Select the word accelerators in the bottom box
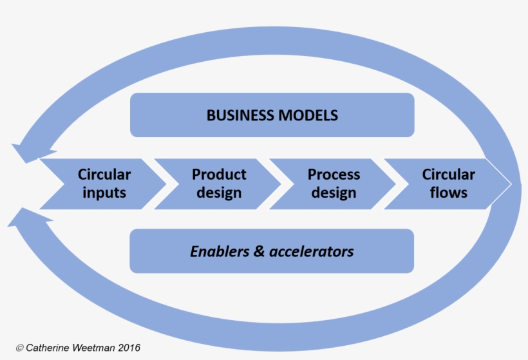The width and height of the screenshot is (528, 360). pos(312,251)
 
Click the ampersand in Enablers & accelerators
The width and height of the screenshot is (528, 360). pos(259,251)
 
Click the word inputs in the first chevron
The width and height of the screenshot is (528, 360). pos(104,193)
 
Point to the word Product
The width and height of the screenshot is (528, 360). pos(219,175)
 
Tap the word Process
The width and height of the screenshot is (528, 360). pos(334,175)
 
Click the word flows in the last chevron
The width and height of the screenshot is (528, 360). pos(448,193)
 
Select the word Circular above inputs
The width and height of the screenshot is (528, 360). pos(104,175)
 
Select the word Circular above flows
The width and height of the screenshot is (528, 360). pos(448,175)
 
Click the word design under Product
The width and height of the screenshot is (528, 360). pos(219,193)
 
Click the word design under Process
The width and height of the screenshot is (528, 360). pos(334,193)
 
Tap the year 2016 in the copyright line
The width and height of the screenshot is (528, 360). pos(129,348)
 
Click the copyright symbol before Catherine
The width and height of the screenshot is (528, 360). pos(19,348)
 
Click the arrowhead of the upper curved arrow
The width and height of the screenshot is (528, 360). pos(26,151)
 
